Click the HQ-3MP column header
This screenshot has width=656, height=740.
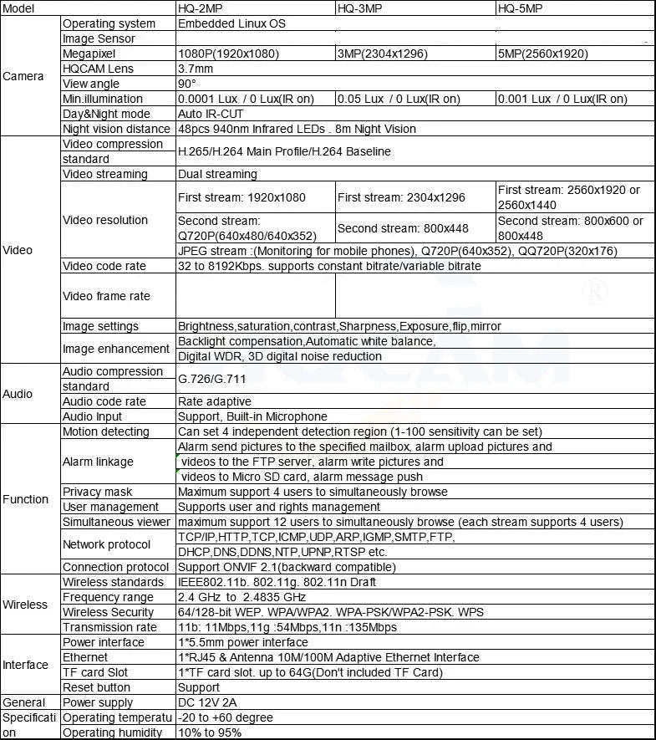pyautogui.click(x=360, y=8)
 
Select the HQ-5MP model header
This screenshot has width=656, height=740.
pyautogui.click(x=520, y=8)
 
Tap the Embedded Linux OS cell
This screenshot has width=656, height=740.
pyautogui.click(x=231, y=23)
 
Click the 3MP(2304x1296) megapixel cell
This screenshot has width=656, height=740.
pyautogui.click(x=383, y=54)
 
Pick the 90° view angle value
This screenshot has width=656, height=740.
pyautogui.click(x=187, y=84)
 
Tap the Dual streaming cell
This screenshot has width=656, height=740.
pyautogui.click(x=217, y=174)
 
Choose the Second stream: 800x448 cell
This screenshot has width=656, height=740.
pyautogui.click(x=403, y=228)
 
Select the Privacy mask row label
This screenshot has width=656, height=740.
pyautogui.click(x=98, y=492)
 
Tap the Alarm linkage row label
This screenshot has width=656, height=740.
pyautogui.click(x=98, y=462)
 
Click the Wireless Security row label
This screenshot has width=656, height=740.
pyautogui.click(x=109, y=612)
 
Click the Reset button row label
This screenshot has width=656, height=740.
pyautogui.click(x=97, y=687)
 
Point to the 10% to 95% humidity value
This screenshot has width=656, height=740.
pyautogui.click(x=210, y=732)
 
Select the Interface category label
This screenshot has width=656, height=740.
pyautogui.click(x=26, y=665)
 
